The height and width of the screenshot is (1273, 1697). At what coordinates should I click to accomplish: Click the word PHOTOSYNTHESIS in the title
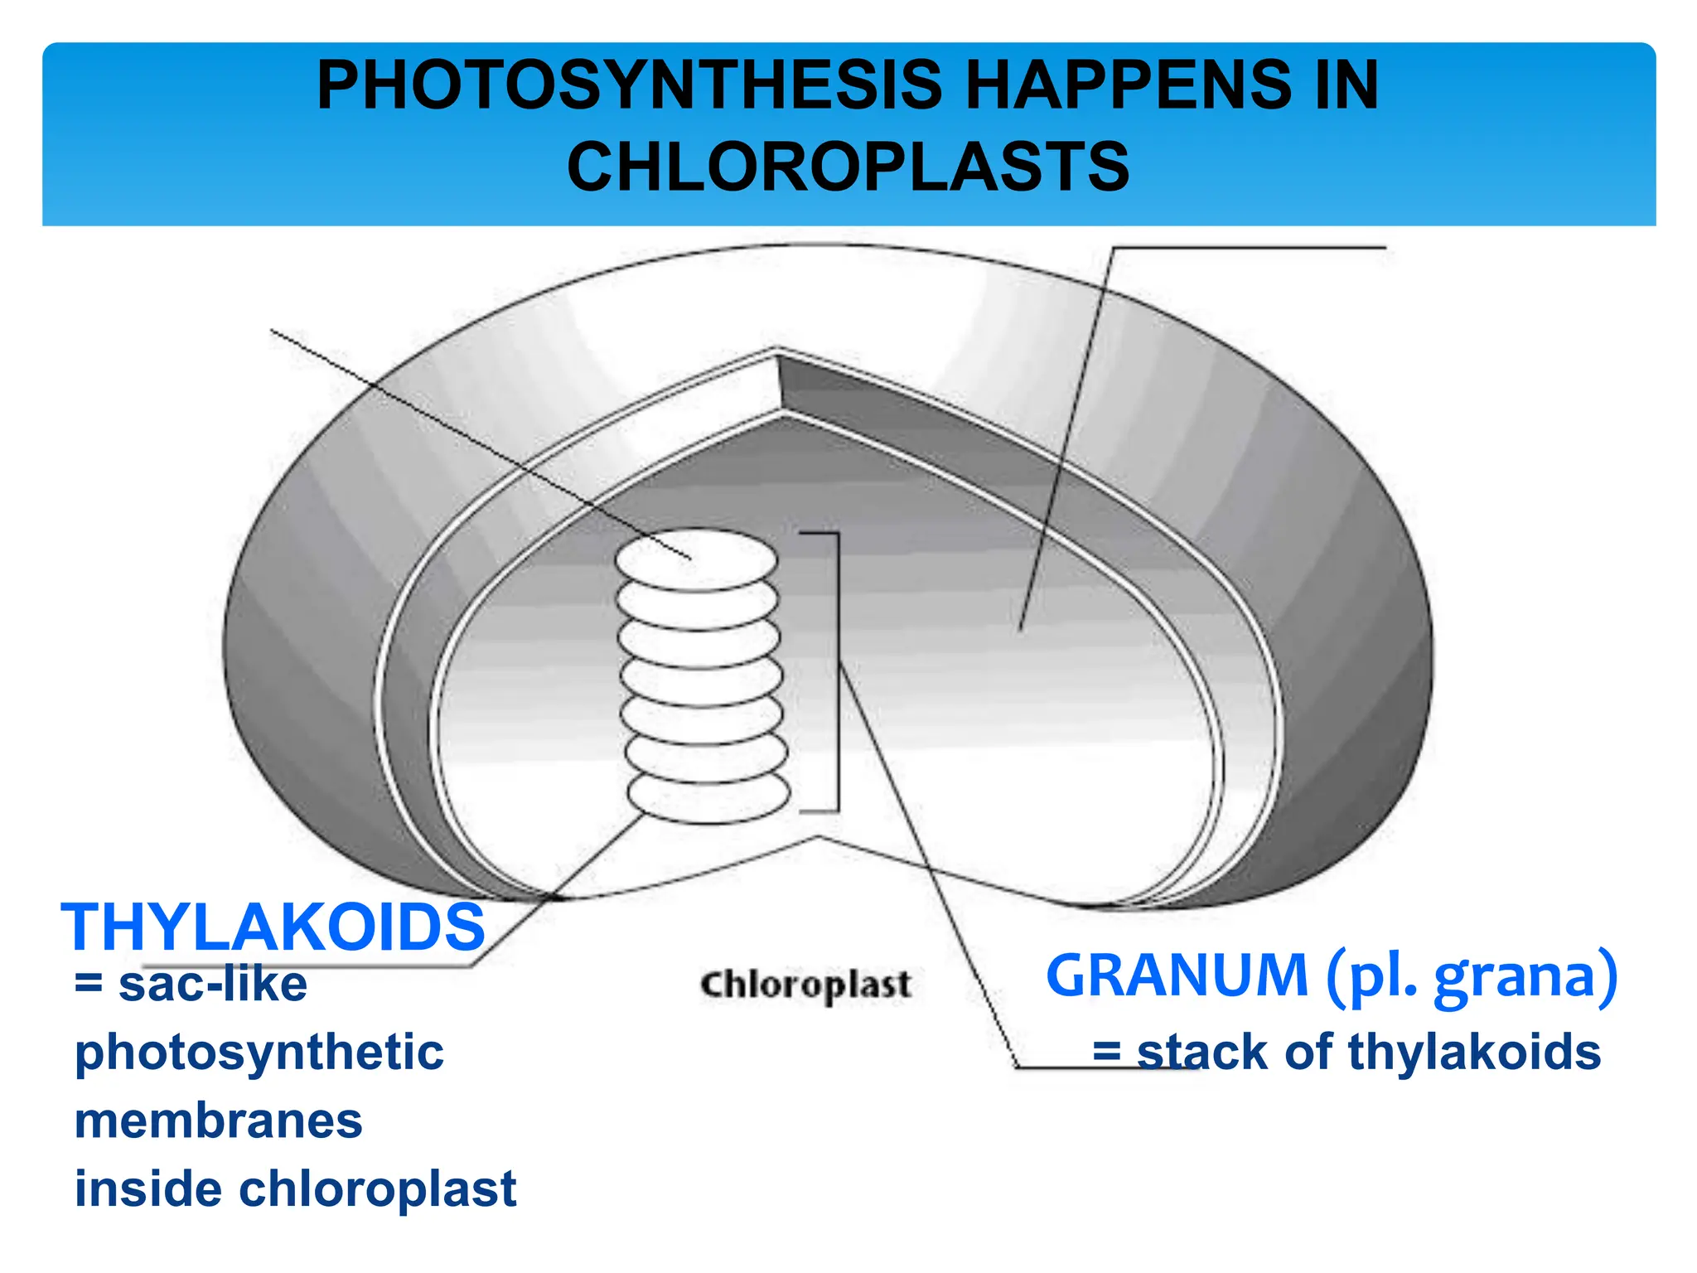630,85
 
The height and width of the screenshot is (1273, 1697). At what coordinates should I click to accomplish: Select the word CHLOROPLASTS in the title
848,167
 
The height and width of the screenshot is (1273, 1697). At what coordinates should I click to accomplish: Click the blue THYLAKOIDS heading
273,927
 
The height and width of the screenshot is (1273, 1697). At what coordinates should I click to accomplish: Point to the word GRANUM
1177,975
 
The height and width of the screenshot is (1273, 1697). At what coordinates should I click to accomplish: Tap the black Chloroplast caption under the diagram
805,985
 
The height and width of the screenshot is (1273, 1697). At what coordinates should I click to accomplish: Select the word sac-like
213,985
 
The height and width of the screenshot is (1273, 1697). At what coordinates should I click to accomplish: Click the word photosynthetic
259,1053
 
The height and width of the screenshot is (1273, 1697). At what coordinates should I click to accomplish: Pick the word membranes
219,1121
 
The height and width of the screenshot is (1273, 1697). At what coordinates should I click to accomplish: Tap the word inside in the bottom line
148,1188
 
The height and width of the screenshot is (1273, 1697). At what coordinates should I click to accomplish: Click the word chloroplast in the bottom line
378,1188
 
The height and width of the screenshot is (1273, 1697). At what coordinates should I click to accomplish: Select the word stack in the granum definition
1202,1053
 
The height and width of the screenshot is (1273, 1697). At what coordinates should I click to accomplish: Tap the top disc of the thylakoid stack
696,559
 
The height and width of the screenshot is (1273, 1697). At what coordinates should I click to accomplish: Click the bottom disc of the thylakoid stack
708,796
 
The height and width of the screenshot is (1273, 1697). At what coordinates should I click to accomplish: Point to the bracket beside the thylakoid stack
837,671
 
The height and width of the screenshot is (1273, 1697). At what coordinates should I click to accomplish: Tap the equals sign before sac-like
89,985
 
